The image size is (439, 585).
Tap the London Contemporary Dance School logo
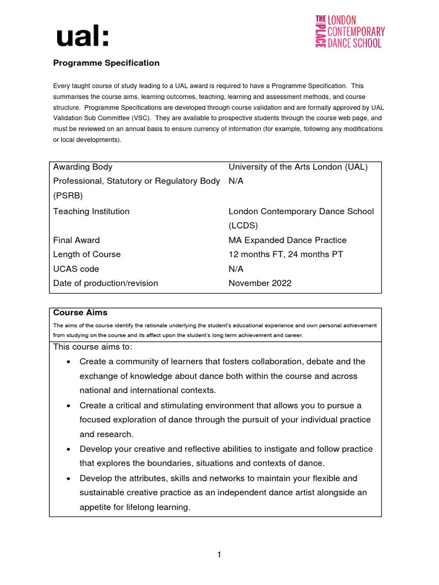pos(350,32)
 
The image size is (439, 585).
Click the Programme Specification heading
pos(106,63)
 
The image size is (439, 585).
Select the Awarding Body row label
pos(83,167)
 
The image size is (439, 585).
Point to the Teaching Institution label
pos(91,211)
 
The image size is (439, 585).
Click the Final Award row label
pos(77,240)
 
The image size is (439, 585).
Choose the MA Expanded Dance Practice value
pos(288,240)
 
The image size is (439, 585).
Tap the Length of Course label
pos(87,254)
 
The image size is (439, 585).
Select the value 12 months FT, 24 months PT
pos(286,254)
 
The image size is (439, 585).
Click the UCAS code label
pos(76,269)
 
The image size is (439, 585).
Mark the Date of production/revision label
pos(106,283)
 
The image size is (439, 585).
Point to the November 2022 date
pos(260,283)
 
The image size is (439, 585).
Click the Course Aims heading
pos(80,312)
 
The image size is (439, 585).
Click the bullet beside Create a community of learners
pos(69,362)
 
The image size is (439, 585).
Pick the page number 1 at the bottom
pos(219,554)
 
